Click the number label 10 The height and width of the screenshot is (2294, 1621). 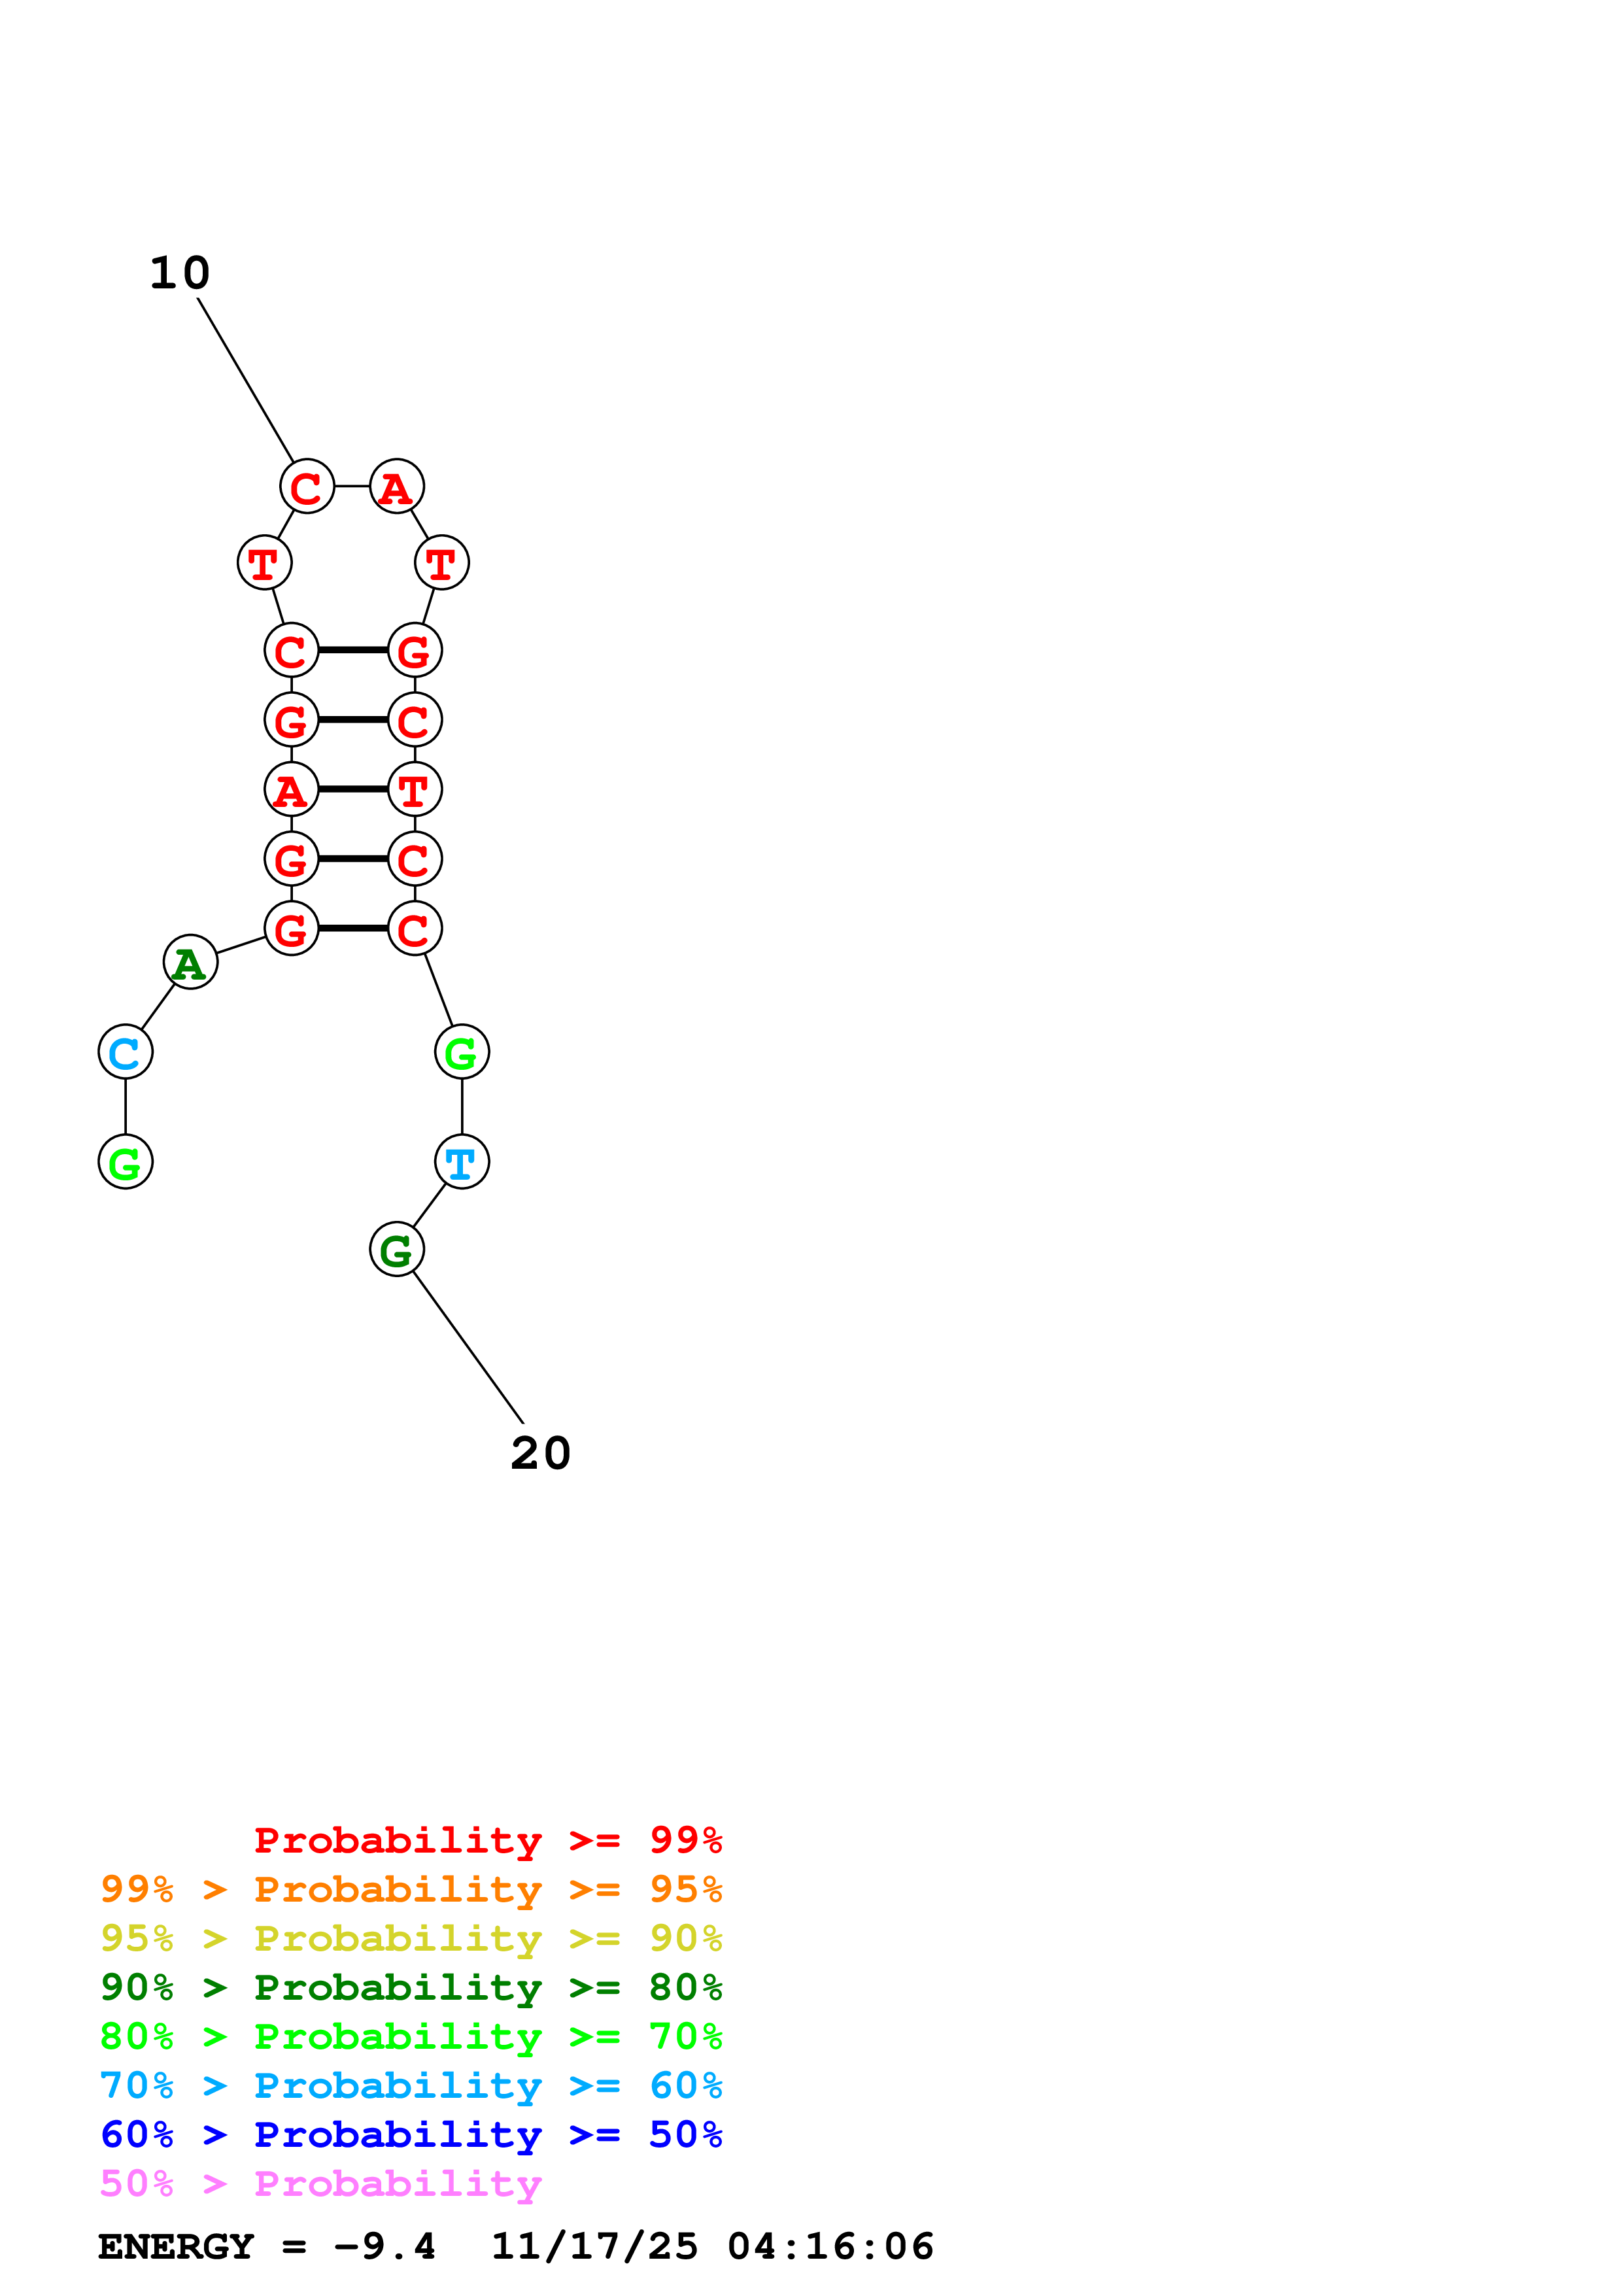(180, 273)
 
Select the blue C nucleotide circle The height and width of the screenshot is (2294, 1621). (125, 1052)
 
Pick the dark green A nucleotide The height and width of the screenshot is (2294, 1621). (190, 962)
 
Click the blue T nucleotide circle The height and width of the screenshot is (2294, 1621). (462, 1162)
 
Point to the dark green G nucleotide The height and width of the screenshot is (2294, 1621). (396, 1249)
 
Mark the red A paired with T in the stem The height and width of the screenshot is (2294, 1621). (290, 789)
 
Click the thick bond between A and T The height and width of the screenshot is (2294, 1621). (352, 789)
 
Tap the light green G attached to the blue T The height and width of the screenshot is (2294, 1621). (462, 1052)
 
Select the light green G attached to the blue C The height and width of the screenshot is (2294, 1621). (125, 1162)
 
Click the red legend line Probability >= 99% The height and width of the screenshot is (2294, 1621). (487, 1840)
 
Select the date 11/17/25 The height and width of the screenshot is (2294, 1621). (594, 2247)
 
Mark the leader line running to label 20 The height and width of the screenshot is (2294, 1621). (468, 1347)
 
